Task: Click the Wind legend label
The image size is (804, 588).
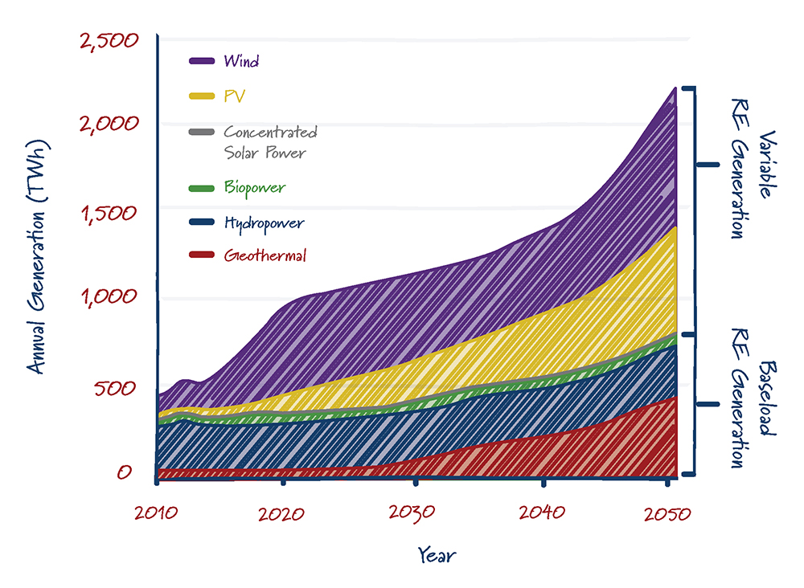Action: pos(241,61)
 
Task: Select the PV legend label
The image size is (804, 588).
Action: pos(235,97)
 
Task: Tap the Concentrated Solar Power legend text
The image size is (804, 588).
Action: pos(270,142)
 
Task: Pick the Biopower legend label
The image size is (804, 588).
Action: pos(254,188)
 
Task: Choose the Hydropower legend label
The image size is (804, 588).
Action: pos(264,223)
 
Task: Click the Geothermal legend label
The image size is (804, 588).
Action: pos(265,256)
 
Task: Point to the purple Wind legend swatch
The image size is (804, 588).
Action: pos(201,61)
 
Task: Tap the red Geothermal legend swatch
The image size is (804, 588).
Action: pos(201,255)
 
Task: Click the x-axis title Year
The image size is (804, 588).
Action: pos(439,554)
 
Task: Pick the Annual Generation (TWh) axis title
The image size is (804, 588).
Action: pos(35,257)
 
